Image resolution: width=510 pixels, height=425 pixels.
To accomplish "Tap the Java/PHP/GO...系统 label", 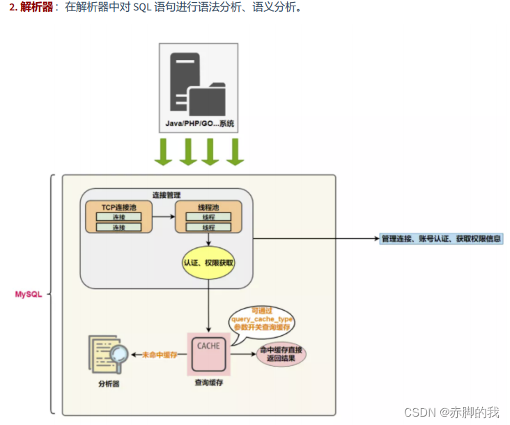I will coord(199,124).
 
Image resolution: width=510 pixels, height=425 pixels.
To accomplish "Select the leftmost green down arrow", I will coord(164,152).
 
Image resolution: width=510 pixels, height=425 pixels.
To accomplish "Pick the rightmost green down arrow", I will coord(235,152).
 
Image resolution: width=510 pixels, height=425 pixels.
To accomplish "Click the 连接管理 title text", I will coord(167,194).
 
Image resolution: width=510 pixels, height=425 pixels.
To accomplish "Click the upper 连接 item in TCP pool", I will coord(118,217).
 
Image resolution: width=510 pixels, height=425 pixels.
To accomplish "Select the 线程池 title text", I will coord(208,206).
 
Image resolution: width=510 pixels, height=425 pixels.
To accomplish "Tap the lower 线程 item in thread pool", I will coord(208,228).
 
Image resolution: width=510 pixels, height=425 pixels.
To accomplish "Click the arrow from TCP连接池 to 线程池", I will coord(163,217).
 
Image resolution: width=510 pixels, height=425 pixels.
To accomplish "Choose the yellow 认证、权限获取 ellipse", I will coord(208,263).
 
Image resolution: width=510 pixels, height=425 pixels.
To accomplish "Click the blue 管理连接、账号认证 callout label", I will coord(441,238).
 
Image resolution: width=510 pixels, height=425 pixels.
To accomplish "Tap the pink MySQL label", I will coord(29,294).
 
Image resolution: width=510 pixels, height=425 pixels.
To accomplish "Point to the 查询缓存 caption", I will coord(208,382).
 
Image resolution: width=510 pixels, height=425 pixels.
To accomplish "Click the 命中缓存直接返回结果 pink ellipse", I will coord(281,354).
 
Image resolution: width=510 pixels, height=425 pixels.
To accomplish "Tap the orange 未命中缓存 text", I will coord(160,354).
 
